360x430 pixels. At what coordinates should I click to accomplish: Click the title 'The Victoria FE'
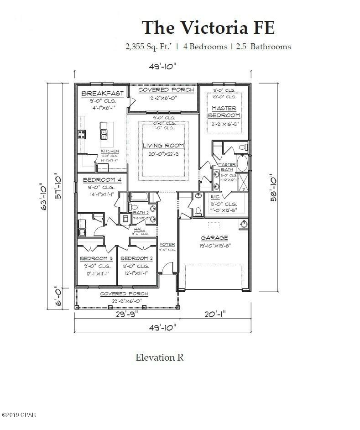(x=208, y=27)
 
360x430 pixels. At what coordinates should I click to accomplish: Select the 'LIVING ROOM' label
(x=162, y=146)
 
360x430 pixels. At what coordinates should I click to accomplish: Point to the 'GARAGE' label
(x=214, y=238)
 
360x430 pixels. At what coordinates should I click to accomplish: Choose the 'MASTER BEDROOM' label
(x=224, y=112)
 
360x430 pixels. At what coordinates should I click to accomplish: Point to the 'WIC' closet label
(x=215, y=197)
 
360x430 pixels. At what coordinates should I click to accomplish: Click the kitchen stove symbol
(x=82, y=134)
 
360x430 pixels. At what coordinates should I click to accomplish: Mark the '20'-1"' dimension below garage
(x=214, y=314)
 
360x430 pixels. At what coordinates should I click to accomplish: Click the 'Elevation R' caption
(x=160, y=357)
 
